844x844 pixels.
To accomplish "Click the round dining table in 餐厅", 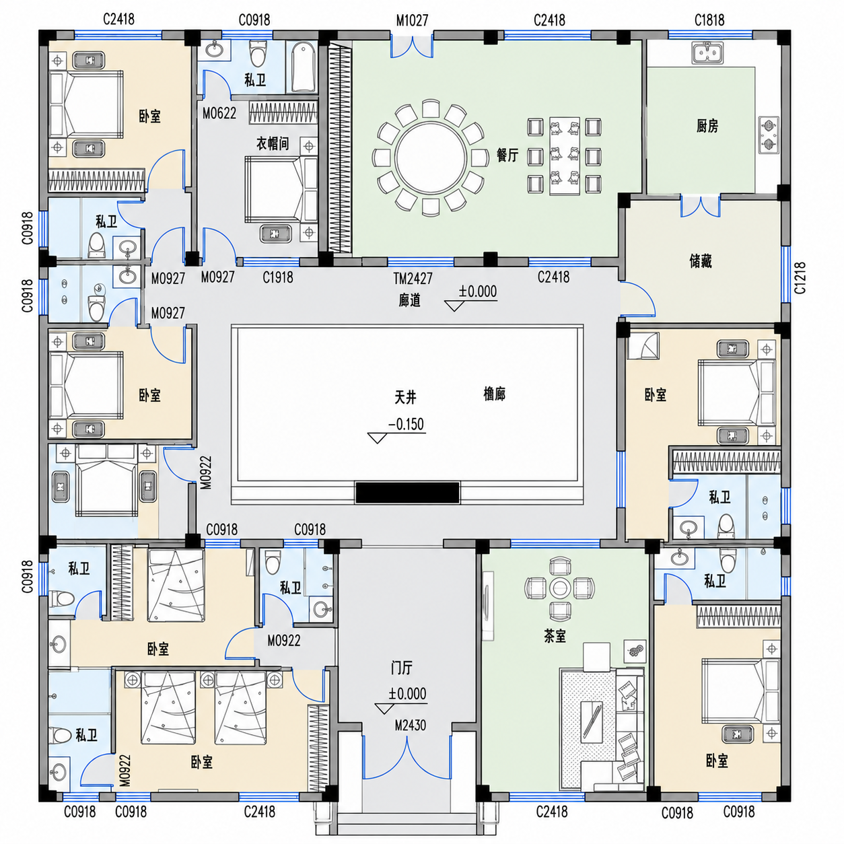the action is [431, 157].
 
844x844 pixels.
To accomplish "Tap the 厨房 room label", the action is [707, 126].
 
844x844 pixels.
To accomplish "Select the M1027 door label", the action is [412, 21].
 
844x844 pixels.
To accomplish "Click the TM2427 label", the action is [413, 278].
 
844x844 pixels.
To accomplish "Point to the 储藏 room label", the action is [701, 261].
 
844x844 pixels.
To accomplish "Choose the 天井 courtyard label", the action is [405, 397].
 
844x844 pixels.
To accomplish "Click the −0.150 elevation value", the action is [406, 424].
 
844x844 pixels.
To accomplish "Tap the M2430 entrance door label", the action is [410, 726].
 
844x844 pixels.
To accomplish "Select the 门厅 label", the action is [401, 668].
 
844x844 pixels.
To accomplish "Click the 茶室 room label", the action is [555, 636].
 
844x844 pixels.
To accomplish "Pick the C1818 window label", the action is [709, 20].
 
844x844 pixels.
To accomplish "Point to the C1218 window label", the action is [800, 278].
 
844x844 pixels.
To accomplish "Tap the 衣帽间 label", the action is [273, 143].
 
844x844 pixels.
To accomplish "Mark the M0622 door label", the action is [219, 114].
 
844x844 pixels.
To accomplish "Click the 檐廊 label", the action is [494, 394].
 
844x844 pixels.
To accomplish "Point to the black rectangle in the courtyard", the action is [407, 493].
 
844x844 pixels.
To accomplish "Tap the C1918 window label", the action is [278, 277].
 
